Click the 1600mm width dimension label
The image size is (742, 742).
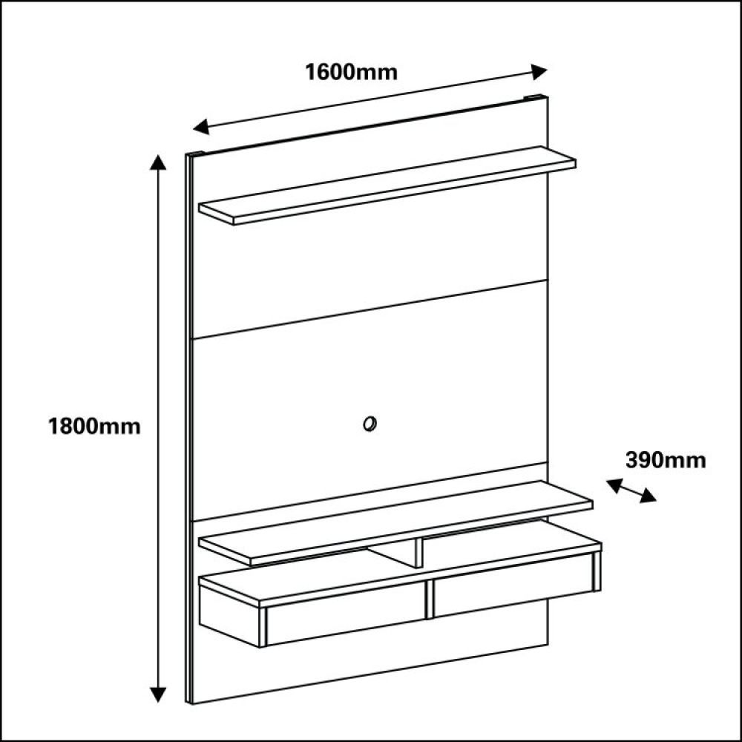351,73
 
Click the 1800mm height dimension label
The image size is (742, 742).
94,427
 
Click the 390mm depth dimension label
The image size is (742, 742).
666,460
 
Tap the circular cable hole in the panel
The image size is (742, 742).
370,424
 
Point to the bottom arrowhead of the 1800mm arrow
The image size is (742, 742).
158,695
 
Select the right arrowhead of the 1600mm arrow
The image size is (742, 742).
539,72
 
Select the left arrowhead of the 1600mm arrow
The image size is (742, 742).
202,126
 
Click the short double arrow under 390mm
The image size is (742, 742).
631,490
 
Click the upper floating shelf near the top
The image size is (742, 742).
387,185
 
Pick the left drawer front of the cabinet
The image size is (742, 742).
346,614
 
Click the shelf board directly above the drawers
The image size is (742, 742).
395,522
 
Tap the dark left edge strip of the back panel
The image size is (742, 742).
188,429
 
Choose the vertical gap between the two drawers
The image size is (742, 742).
429,600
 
